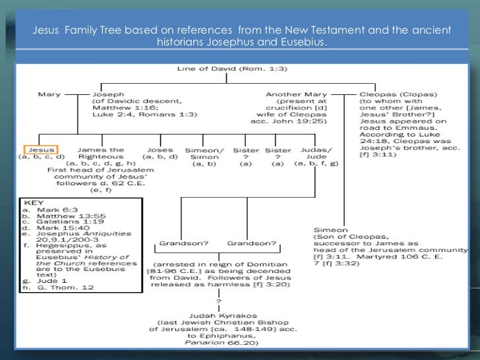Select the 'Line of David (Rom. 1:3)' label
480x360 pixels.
click(221, 69)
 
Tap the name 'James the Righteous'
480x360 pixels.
click(100, 154)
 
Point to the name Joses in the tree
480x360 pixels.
click(157, 150)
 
